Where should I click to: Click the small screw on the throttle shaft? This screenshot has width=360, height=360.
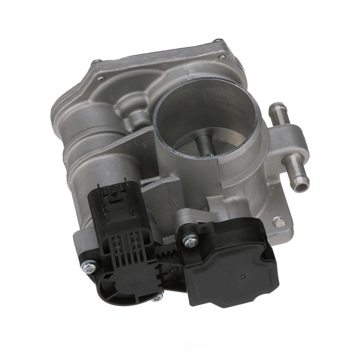pos(209,154)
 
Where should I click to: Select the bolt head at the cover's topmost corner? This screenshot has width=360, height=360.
pos(218,42)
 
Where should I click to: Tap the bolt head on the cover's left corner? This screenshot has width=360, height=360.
pos(96,63)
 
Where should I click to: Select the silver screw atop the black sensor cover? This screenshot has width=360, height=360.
pos(190,240)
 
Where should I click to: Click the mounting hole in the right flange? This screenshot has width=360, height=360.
pos(278,222)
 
